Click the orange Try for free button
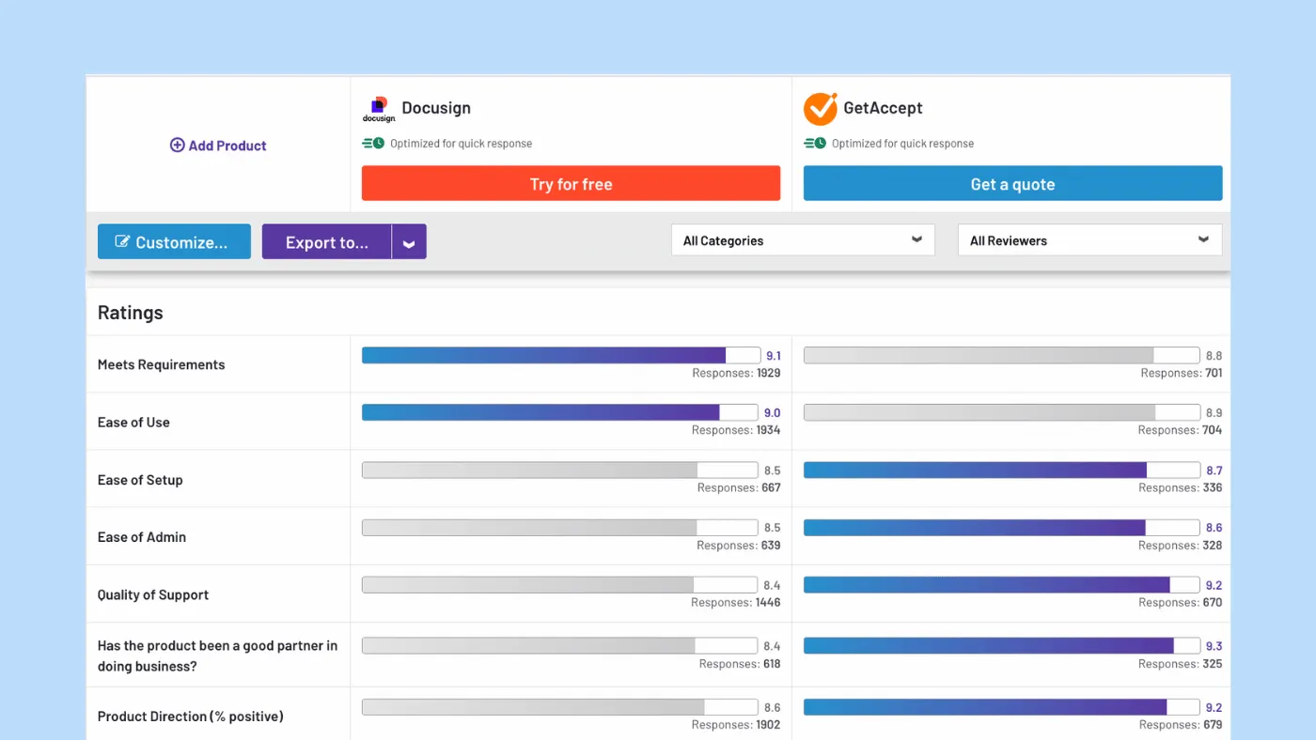click(x=571, y=184)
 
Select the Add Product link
click(x=218, y=146)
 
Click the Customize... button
click(x=174, y=242)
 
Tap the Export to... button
click(x=326, y=242)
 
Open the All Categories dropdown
click(x=803, y=240)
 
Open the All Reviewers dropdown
click(x=1089, y=240)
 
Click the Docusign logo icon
click(x=379, y=109)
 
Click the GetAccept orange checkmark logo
click(x=820, y=109)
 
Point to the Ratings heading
click(x=131, y=313)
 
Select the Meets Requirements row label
click(x=162, y=364)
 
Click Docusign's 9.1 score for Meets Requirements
click(x=774, y=356)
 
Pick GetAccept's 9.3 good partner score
click(x=1214, y=646)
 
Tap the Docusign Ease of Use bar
click(x=559, y=412)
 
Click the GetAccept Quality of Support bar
click(x=1001, y=585)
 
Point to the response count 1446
click(x=767, y=602)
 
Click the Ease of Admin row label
click(x=142, y=537)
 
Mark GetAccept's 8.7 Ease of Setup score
click(x=1214, y=470)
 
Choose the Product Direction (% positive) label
click(x=191, y=717)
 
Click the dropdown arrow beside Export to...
click(x=409, y=242)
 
